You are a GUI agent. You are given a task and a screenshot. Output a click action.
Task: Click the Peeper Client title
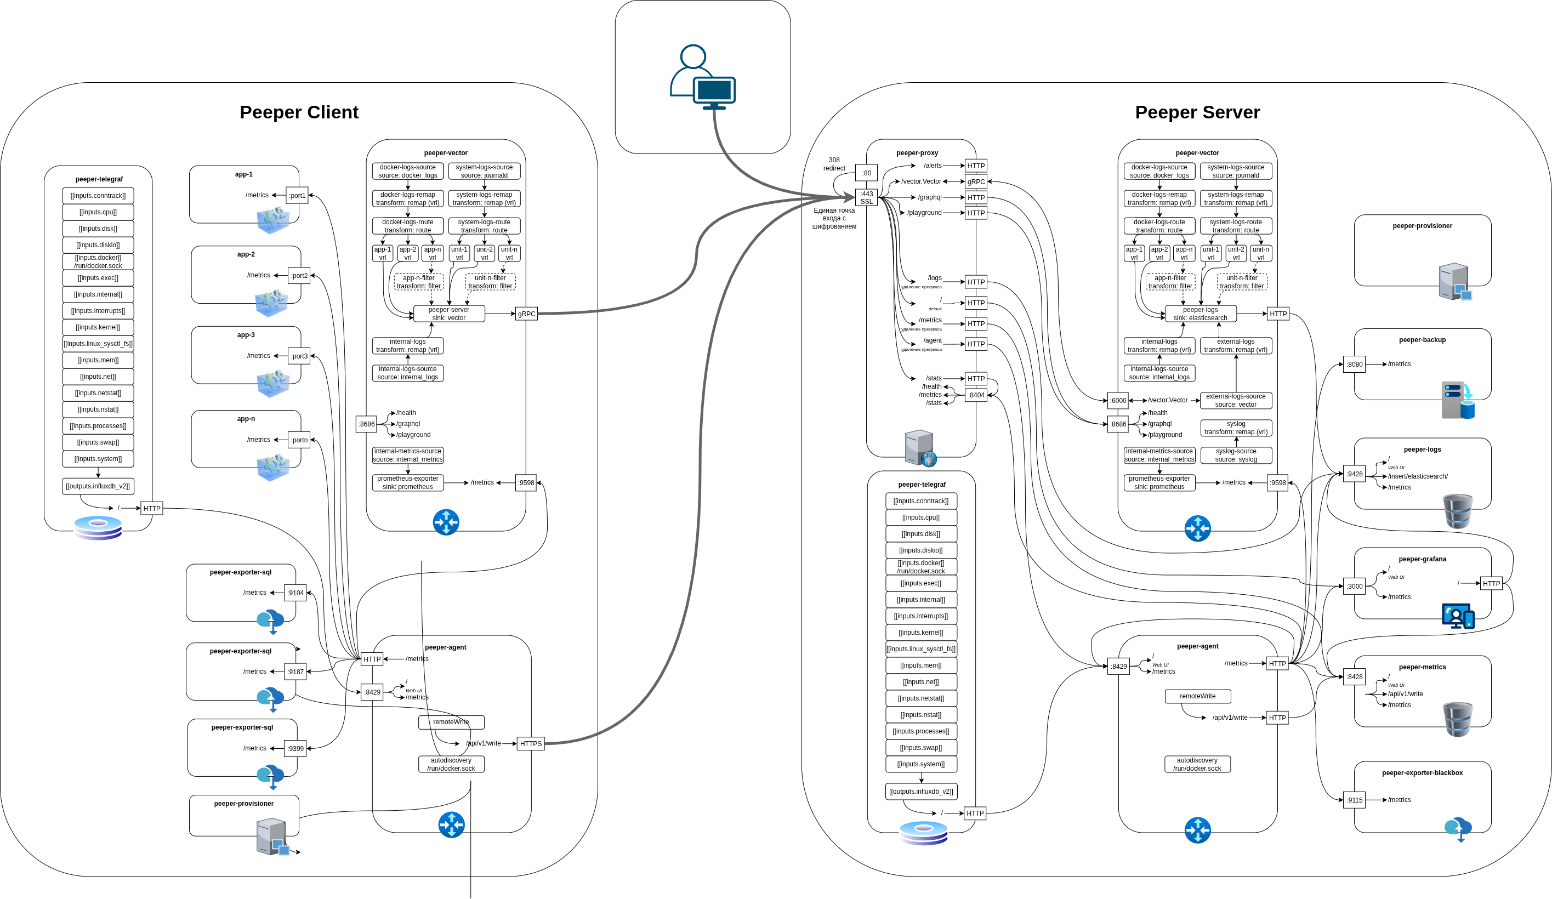(x=299, y=112)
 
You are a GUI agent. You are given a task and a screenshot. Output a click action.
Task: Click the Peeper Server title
(x=1197, y=112)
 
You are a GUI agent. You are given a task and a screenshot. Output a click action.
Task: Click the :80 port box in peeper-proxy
(x=866, y=173)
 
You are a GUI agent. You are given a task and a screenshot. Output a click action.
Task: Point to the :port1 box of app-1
(x=298, y=196)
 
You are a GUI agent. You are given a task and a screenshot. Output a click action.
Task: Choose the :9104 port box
(x=295, y=593)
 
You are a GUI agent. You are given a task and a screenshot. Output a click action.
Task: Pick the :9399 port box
(x=295, y=749)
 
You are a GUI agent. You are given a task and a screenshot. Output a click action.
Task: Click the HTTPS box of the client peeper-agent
(x=530, y=744)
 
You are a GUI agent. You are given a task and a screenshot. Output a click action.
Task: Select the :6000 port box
(x=1118, y=401)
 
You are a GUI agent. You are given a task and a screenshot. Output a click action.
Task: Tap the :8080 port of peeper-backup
(x=1354, y=365)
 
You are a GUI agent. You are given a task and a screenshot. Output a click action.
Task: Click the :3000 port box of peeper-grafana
(x=1354, y=586)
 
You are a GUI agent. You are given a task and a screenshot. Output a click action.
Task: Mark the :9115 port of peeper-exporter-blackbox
(x=1354, y=800)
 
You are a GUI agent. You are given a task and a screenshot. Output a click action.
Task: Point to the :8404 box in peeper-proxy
(x=976, y=395)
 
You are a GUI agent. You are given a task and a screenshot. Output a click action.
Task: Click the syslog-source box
(x=1236, y=456)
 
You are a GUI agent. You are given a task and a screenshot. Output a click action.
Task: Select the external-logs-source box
(x=1236, y=401)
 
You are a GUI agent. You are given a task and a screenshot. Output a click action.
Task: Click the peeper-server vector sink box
(x=448, y=314)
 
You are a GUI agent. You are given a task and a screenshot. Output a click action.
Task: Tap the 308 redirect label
(x=834, y=164)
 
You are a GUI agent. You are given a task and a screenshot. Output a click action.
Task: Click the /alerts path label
(x=933, y=166)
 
